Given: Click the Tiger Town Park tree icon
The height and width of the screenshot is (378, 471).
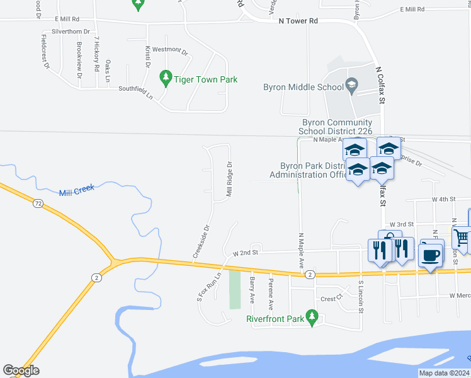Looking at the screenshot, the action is tap(166, 79).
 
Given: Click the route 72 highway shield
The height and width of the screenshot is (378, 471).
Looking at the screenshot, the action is tap(38, 203).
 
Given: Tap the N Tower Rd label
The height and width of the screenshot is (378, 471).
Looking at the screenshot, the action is tap(298, 21).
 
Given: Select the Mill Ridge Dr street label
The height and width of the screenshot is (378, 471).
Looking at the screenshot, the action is tap(230, 180).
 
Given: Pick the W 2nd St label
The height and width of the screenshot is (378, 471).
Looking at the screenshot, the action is tap(246, 253).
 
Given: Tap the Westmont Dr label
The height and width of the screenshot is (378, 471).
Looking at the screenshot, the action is tap(170, 50).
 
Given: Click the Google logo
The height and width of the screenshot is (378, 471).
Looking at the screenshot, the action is tap(21, 370).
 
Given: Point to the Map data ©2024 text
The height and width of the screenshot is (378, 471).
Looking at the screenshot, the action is tap(444, 373).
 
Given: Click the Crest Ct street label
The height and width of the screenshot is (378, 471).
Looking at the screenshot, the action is tap(331, 299).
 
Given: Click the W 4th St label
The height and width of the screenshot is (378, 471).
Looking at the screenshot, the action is tap(443, 199).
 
